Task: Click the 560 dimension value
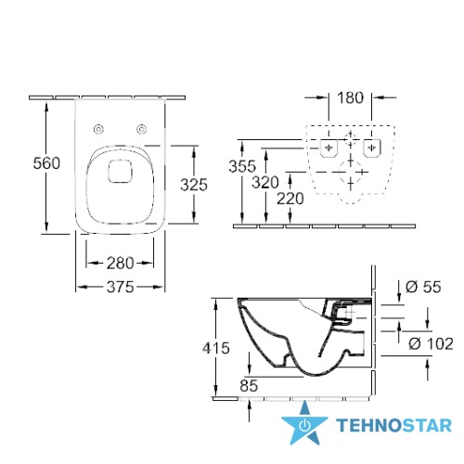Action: (x=46, y=163)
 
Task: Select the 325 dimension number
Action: (x=194, y=185)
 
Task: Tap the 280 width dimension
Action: (x=120, y=264)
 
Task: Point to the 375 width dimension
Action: (x=121, y=287)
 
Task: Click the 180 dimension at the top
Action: (x=350, y=97)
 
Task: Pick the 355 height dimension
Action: (x=242, y=166)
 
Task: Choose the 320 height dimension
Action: (x=265, y=182)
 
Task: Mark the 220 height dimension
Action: (x=290, y=199)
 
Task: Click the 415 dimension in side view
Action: (x=216, y=348)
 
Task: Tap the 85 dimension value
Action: (x=249, y=386)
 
